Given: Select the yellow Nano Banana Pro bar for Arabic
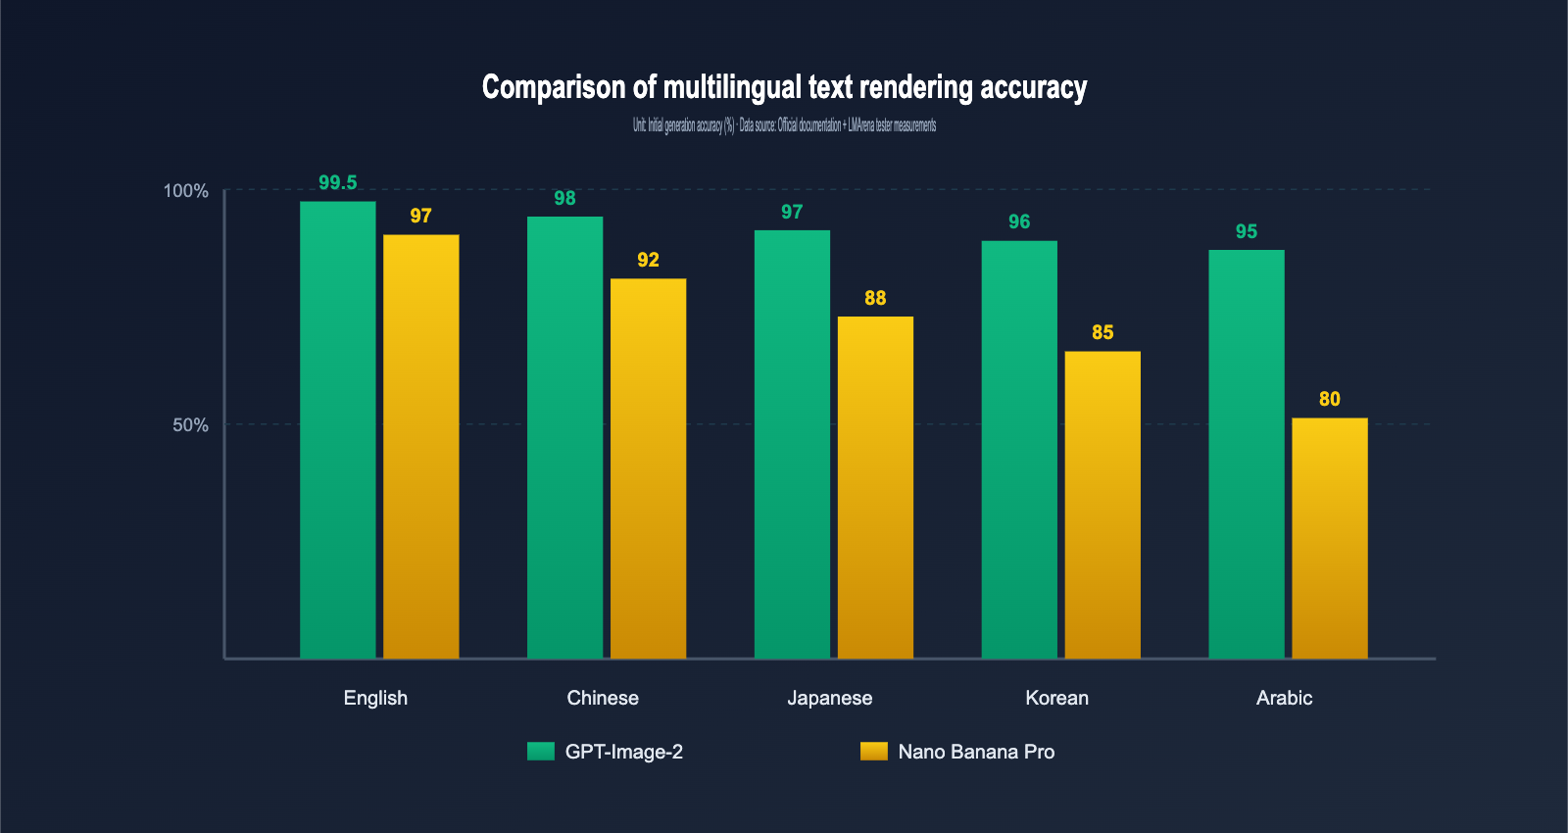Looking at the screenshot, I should (x=1329, y=538).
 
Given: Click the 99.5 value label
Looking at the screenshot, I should (x=337, y=183).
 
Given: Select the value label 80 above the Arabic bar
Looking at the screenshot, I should (x=1329, y=399).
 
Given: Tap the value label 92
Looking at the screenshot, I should (x=648, y=260).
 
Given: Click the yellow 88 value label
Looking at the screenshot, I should (x=875, y=298).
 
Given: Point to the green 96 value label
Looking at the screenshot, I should (x=1019, y=221).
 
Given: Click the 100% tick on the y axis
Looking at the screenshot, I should (x=185, y=191).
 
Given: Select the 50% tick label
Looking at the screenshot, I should (x=190, y=425).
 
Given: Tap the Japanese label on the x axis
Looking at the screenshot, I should (x=829, y=698).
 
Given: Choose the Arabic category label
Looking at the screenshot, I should (x=1284, y=698).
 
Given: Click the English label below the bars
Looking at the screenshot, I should (x=375, y=698).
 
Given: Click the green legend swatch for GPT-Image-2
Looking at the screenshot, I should (x=541, y=752).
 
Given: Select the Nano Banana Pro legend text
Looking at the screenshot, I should (x=976, y=752).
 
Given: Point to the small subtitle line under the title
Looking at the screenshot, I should (x=784, y=125).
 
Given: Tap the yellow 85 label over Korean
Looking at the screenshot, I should (x=1102, y=332).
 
